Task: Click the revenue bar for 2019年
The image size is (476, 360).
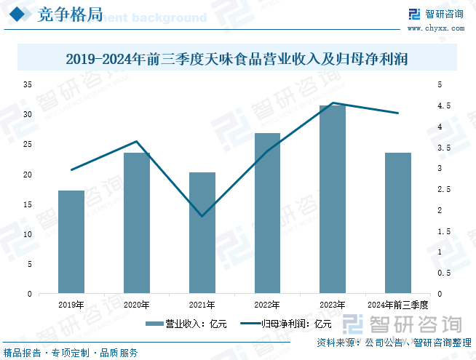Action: [71, 242]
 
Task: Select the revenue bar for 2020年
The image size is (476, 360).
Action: [136, 223]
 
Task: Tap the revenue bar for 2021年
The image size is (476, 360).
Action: [202, 233]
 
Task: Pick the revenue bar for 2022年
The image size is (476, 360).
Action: [267, 213]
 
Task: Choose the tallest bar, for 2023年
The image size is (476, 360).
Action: [333, 199]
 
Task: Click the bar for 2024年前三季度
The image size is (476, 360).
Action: [398, 223]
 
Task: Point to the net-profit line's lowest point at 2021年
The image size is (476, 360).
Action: [202, 216]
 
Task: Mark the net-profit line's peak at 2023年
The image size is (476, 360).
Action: [333, 103]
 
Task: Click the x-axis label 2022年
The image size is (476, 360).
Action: [267, 305]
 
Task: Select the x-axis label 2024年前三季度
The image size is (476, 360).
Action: [397, 305]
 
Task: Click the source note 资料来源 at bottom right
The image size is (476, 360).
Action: [394, 343]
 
